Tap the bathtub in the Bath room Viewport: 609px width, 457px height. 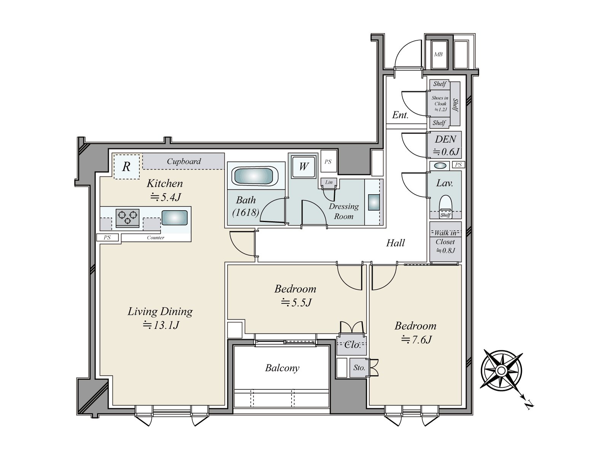(x=256, y=175)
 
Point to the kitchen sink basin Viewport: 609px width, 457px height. (x=174, y=217)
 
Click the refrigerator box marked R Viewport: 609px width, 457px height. (x=127, y=166)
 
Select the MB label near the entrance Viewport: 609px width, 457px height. (x=438, y=54)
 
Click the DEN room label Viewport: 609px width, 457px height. (x=445, y=139)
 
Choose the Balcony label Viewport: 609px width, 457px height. (x=282, y=368)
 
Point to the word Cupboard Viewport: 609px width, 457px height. (x=184, y=161)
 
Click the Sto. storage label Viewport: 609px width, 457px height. (x=359, y=368)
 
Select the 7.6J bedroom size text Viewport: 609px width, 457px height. (x=416, y=339)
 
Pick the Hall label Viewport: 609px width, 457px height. (x=395, y=243)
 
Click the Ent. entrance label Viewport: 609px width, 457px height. (x=400, y=115)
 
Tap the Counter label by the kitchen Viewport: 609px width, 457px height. (x=155, y=238)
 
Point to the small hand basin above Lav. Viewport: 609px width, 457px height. (x=440, y=166)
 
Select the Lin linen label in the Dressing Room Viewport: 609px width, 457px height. (x=329, y=182)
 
